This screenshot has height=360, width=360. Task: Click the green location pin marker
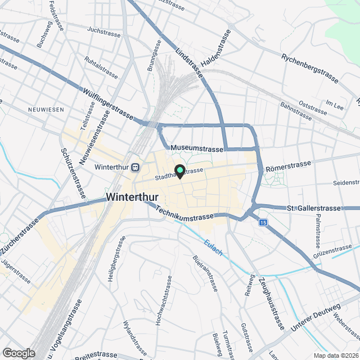pyautogui.click(x=180, y=170)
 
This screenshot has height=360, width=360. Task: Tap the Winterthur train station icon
pyautogui.click(x=135, y=167)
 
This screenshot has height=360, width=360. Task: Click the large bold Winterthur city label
pyautogui.click(x=132, y=197)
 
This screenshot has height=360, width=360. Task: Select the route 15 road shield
pyautogui.click(x=263, y=223)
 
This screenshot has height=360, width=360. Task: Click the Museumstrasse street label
pyautogui.click(x=197, y=147)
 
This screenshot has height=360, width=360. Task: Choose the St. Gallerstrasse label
pyautogui.click(x=314, y=208)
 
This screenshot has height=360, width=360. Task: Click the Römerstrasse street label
pyautogui.click(x=288, y=165)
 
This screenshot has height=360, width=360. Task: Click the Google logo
pyautogui.click(x=18, y=353)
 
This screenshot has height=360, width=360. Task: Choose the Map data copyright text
pyautogui.click(x=336, y=355)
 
